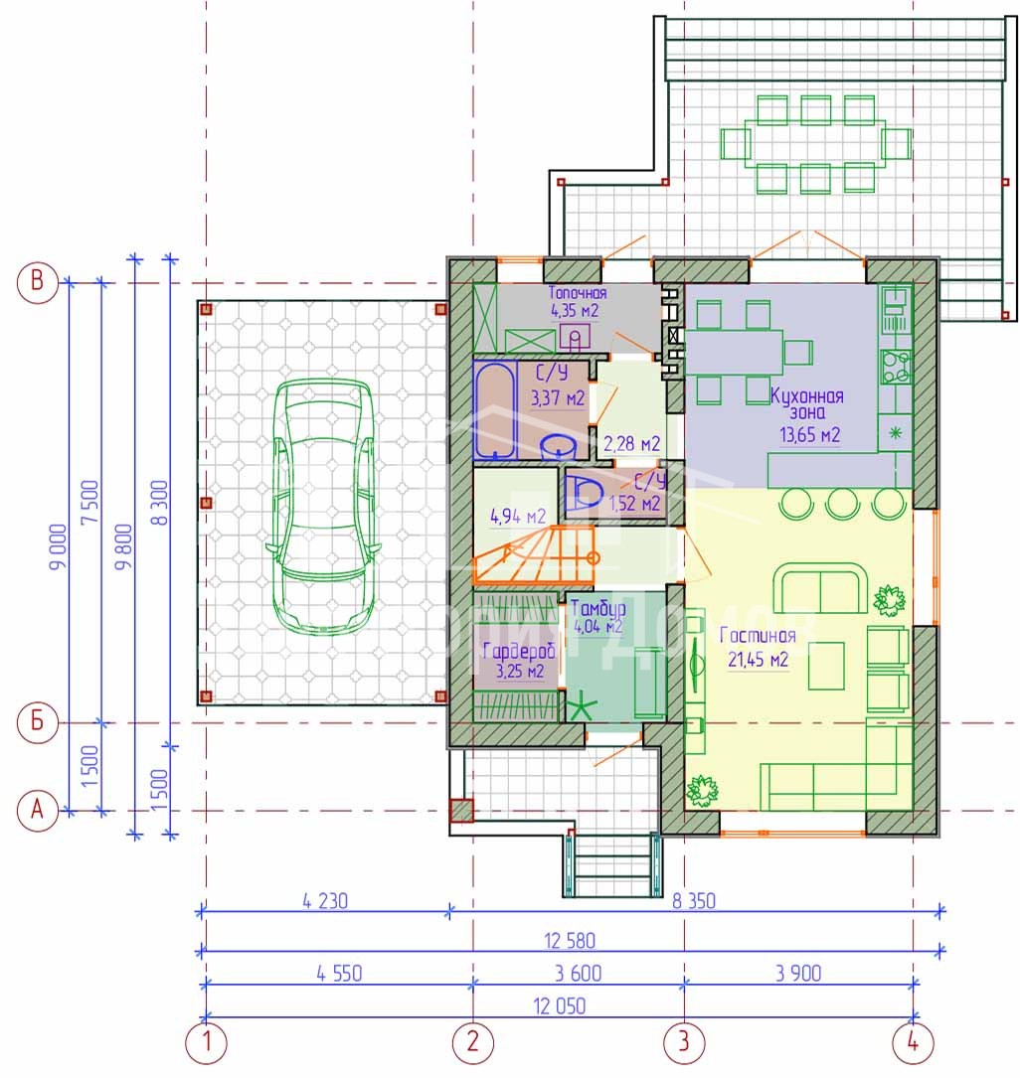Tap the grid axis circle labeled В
pos(37,282)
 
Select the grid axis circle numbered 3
pos(684,1041)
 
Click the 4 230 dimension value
pos(325,900)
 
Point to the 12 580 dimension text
pos(570,941)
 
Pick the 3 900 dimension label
pos(798,974)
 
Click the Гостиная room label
pos(758,635)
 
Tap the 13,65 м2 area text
pos(809,435)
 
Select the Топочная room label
pos(577,293)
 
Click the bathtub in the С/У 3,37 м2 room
pos(494,410)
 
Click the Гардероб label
pos(519,651)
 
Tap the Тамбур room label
pos(597,608)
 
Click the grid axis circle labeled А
pos(37,810)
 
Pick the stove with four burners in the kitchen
pos(896,366)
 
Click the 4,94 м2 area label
pos(517,517)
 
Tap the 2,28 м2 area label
pos(631,444)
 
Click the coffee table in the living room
pos(826,666)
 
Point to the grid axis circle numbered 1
pos(206,1041)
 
